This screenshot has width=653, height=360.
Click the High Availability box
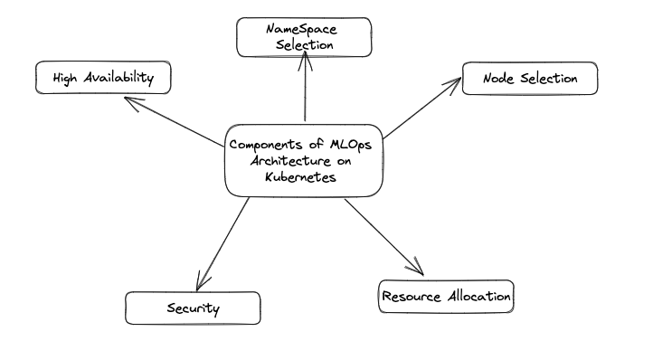(x=102, y=78)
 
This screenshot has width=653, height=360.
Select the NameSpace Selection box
(x=304, y=36)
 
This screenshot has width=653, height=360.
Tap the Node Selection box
(x=530, y=79)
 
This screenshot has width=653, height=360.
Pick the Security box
(x=193, y=308)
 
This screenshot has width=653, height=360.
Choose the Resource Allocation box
(x=446, y=297)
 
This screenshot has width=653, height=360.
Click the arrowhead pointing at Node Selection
(x=453, y=84)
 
